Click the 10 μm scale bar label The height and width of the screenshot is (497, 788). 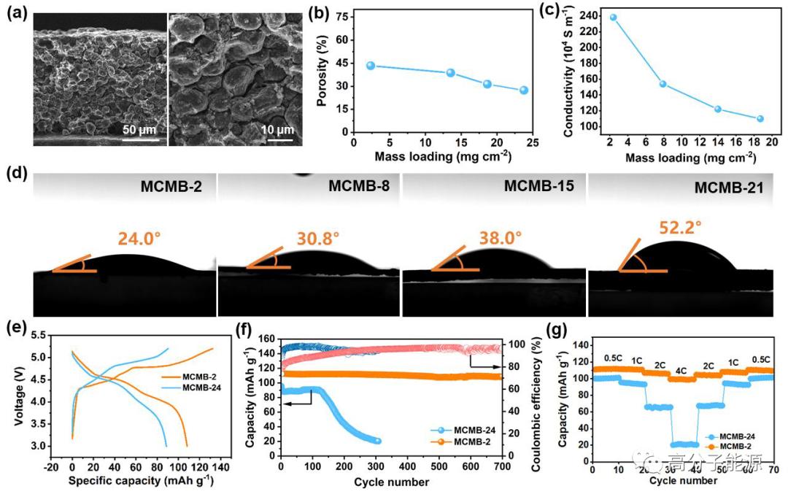pyautogui.click(x=277, y=130)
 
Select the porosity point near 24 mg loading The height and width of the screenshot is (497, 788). pyautogui.click(x=524, y=90)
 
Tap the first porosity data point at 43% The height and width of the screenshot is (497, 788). pyautogui.click(x=371, y=66)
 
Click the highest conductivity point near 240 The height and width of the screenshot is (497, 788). pyautogui.click(x=614, y=18)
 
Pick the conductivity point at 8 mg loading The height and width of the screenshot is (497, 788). pyautogui.click(x=663, y=84)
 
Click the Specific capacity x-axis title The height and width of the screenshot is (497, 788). pyautogui.click(x=142, y=481)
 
